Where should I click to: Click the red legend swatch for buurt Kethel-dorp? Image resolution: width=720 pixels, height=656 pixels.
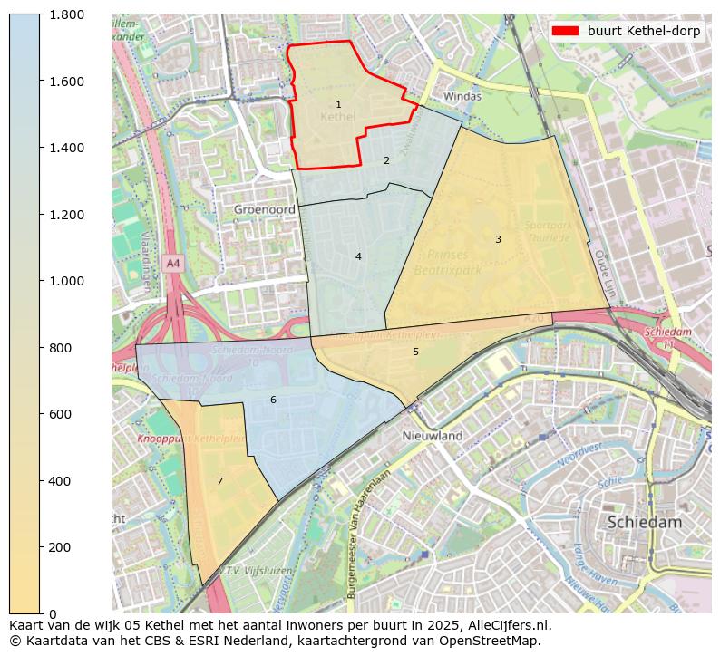(565, 31)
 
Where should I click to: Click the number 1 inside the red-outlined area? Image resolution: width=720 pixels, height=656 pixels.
(338, 105)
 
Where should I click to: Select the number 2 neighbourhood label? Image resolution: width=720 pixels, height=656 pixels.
(386, 160)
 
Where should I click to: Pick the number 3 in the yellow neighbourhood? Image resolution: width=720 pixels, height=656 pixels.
(498, 239)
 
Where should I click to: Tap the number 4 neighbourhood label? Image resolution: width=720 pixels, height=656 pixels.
(358, 256)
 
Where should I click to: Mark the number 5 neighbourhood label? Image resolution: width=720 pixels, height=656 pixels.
(415, 352)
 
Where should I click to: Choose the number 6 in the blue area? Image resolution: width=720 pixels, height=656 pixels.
(273, 400)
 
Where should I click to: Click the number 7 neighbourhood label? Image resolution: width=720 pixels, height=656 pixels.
(219, 481)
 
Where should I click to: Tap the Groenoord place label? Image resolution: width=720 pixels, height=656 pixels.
(264, 208)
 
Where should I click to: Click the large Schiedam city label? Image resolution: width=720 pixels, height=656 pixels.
(644, 522)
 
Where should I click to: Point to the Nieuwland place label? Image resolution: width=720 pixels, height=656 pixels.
(433, 436)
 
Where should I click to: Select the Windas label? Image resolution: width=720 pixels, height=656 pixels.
(462, 96)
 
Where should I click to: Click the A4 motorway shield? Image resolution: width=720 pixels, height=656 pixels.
(173, 263)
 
